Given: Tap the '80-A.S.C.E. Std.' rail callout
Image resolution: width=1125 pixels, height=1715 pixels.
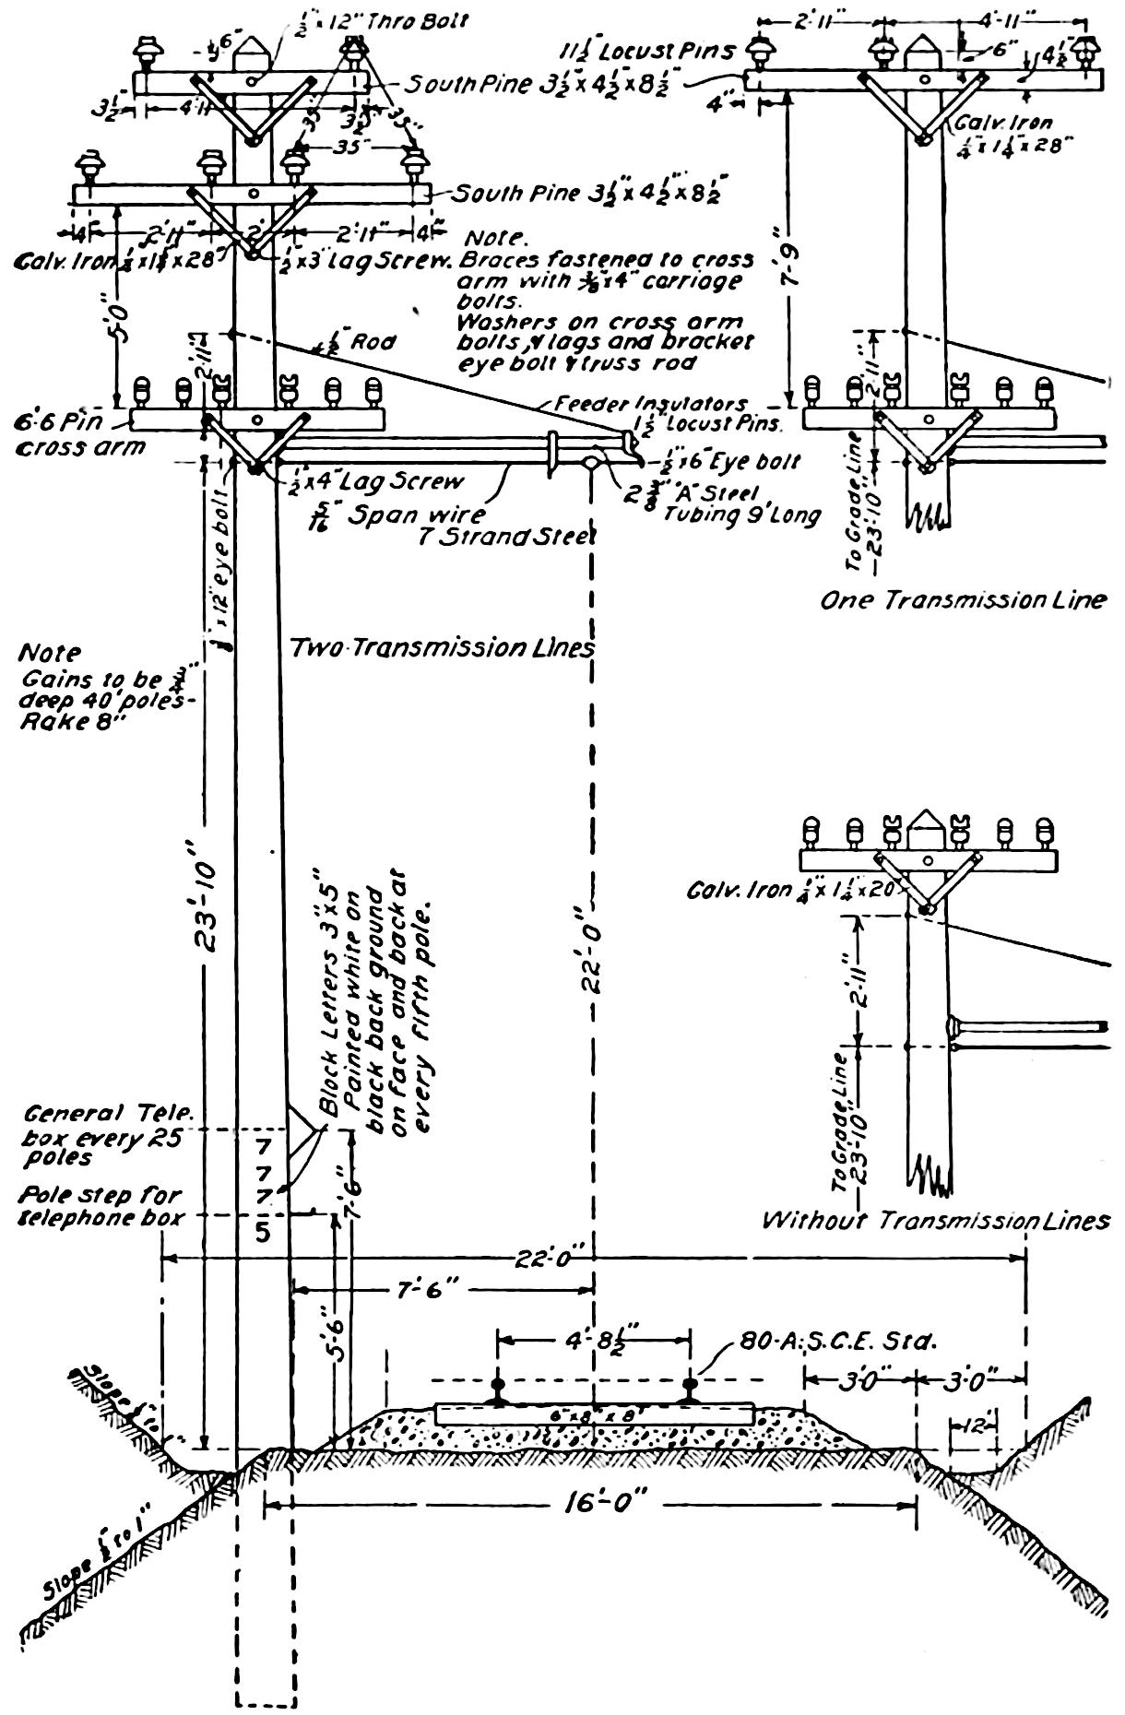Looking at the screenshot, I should (837, 1342).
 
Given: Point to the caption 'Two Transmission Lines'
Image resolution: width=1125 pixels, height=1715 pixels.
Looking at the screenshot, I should (442, 648).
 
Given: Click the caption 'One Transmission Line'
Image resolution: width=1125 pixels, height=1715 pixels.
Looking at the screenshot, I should (963, 600).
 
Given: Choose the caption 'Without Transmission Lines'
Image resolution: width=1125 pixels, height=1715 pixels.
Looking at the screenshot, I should (935, 1221).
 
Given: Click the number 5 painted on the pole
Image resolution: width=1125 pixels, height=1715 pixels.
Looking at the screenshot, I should (264, 1231).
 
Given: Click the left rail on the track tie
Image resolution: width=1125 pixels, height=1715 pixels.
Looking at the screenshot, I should (498, 1392).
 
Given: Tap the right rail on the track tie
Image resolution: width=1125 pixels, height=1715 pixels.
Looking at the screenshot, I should (690, 1392).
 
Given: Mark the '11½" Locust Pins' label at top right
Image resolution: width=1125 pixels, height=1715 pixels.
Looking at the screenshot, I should (651, 52).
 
